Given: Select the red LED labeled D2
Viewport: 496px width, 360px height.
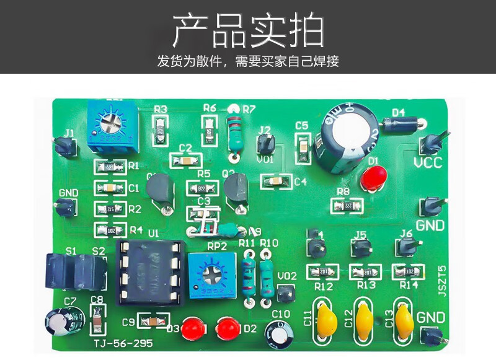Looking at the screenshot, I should [x=227, y=327].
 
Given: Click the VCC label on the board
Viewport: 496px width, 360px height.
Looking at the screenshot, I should [x=427, y=163].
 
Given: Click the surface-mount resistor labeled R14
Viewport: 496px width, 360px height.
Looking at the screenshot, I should [x=409, y=271].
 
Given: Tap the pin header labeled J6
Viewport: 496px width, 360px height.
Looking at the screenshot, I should [x=406, y=248].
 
